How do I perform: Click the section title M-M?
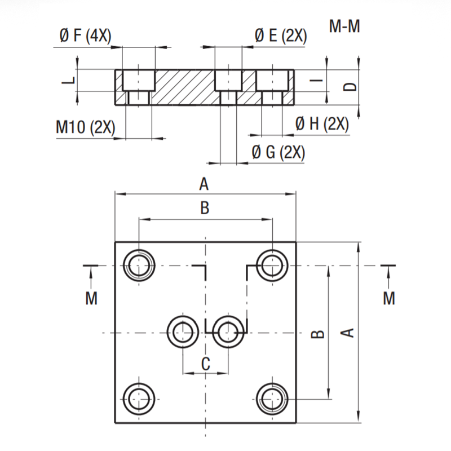coord(344,26)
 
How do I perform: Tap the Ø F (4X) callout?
coord(85,36)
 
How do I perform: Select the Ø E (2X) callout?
coord(281,36)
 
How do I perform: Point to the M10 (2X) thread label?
coord(86,127)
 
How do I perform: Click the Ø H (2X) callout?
coord(322,124)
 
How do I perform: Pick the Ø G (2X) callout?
coord(278,152)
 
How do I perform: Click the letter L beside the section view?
coord(69,80)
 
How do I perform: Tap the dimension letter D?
coord(350,87)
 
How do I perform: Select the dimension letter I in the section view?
coord(316,80)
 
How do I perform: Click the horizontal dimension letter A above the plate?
coord(204,184)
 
